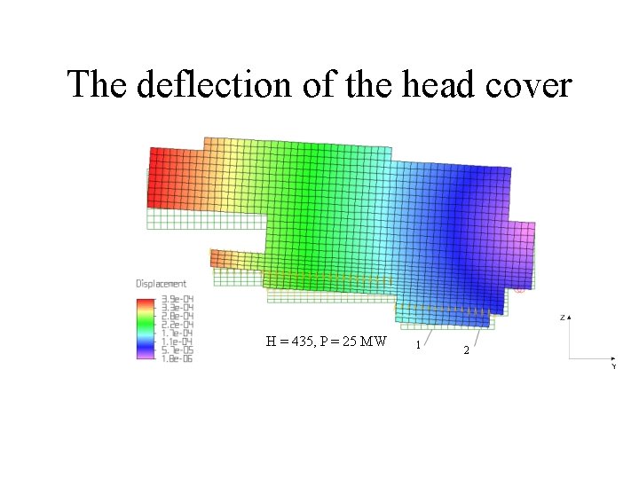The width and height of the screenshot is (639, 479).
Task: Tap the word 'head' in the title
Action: tap(430, 85)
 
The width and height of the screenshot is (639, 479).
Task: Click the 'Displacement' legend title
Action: tap(161, 284)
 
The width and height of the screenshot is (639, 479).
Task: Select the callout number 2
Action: tap(467, 351)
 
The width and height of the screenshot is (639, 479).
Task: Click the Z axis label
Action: tap(563, 316)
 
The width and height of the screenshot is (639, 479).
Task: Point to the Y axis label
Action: tap(613, 365)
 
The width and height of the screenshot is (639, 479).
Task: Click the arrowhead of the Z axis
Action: tap(570, 317)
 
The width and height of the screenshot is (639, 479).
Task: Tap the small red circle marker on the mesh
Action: tap(520, 288)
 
